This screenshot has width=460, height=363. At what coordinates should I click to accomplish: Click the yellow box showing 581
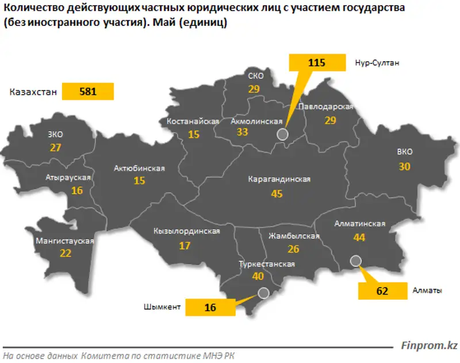tap(88, 92)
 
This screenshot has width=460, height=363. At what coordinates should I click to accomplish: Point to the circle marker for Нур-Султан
tap(282, 134)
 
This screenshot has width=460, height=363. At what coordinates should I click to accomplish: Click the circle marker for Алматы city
tap(355, 260)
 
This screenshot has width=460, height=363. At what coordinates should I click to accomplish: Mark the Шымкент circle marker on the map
tap(263, 292)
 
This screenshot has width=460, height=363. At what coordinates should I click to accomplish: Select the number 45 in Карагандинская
tap(277, 194)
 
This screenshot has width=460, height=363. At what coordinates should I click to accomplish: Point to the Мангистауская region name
tap(64, 241)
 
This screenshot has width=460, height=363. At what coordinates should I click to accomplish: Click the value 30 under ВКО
tap(404, 167)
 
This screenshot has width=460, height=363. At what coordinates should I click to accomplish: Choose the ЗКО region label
tap(56, 134)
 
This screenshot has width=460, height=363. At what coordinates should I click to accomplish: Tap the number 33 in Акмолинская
tap(242, 133)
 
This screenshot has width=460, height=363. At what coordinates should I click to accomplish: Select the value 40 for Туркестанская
tap(258, 277)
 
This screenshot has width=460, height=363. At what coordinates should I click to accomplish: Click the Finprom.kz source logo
tap(429, 346)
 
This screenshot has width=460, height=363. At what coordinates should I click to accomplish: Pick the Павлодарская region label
tap(325, 107)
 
